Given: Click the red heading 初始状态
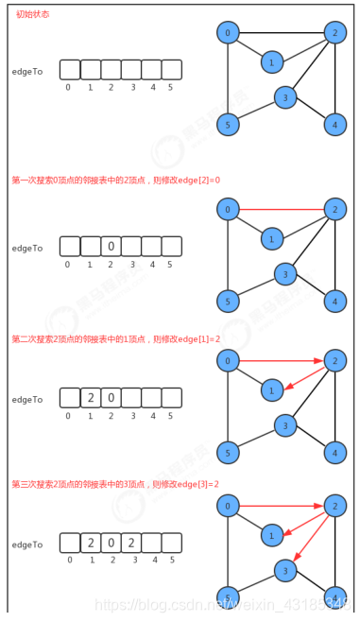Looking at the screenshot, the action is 32,14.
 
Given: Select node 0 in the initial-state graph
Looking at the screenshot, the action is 228,33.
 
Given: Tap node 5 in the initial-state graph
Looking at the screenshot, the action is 228,124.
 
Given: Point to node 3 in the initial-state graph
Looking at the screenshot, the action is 285,96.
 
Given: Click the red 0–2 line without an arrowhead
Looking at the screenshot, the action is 282,209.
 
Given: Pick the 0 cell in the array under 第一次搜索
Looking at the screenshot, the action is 111,247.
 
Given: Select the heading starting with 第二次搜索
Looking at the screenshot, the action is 115,338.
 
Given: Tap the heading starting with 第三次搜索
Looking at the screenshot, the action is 115,484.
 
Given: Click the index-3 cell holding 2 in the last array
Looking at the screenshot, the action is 131,544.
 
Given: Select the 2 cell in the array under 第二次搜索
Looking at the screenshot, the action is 90,398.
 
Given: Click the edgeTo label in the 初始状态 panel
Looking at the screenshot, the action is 27,72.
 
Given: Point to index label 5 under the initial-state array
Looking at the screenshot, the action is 170,88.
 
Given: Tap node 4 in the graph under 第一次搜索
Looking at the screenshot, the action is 335,302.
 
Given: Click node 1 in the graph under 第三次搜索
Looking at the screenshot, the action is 271,535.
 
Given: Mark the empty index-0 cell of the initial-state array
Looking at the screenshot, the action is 69,70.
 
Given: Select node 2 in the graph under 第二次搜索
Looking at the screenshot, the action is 335,360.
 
